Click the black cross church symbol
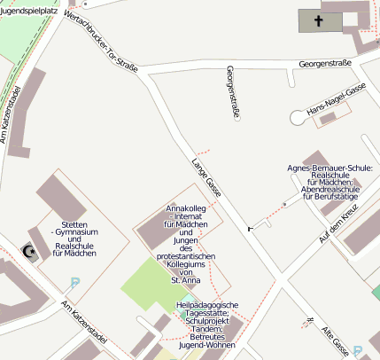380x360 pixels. [318, 21]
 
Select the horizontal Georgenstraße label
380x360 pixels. [325, 64]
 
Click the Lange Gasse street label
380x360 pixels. [206, 176]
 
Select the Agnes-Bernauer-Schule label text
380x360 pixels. [330, 183]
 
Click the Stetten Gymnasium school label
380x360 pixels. [74, 239]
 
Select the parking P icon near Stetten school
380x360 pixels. [74, 284]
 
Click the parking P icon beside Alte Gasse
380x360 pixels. [357, 350]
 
